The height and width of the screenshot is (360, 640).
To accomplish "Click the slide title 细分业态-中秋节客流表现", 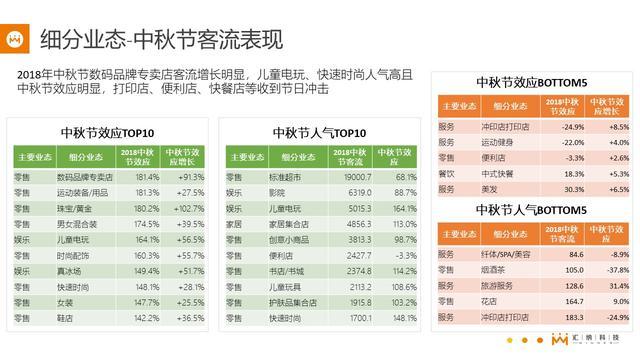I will coord(160,40).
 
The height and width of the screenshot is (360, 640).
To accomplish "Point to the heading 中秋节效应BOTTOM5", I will coord(531,82).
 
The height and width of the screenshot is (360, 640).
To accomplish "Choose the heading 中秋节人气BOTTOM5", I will coord(531,210).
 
